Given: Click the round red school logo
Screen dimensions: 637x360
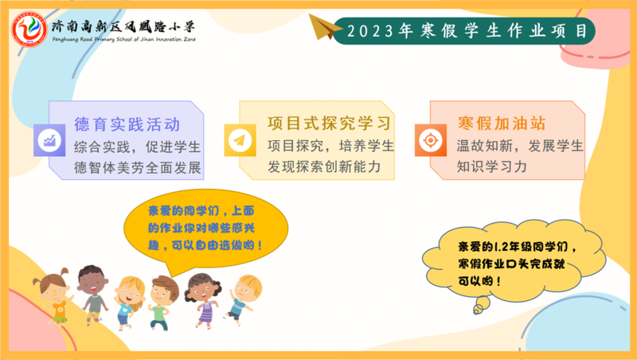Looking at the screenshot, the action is click(29, 29).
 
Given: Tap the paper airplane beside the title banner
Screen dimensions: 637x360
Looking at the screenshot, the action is click(326, 27).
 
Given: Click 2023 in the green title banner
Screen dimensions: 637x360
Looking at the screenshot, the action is click(370, 31).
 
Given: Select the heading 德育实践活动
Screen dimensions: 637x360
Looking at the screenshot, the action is click(127, 124).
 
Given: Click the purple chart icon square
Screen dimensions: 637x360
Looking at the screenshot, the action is click(49, 140).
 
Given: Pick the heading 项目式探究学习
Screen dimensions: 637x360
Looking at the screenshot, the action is click(330, 123).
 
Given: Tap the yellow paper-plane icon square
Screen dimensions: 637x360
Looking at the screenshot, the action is click(240, 140).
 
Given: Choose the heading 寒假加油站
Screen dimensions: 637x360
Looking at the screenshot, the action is click(502, 123).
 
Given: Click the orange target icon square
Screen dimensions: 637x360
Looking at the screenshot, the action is click(431, 140).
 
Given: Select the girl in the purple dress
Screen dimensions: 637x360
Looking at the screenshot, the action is click(203, 299).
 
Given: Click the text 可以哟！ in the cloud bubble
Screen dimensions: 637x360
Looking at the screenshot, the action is click(480, 281).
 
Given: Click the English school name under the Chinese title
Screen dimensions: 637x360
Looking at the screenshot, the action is click(124, 39).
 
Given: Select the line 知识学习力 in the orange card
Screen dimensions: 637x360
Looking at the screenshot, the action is click(491, 166).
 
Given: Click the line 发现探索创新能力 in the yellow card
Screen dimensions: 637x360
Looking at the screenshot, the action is click(324, 166).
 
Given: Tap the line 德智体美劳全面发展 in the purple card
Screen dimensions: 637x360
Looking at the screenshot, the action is click(138, 167).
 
